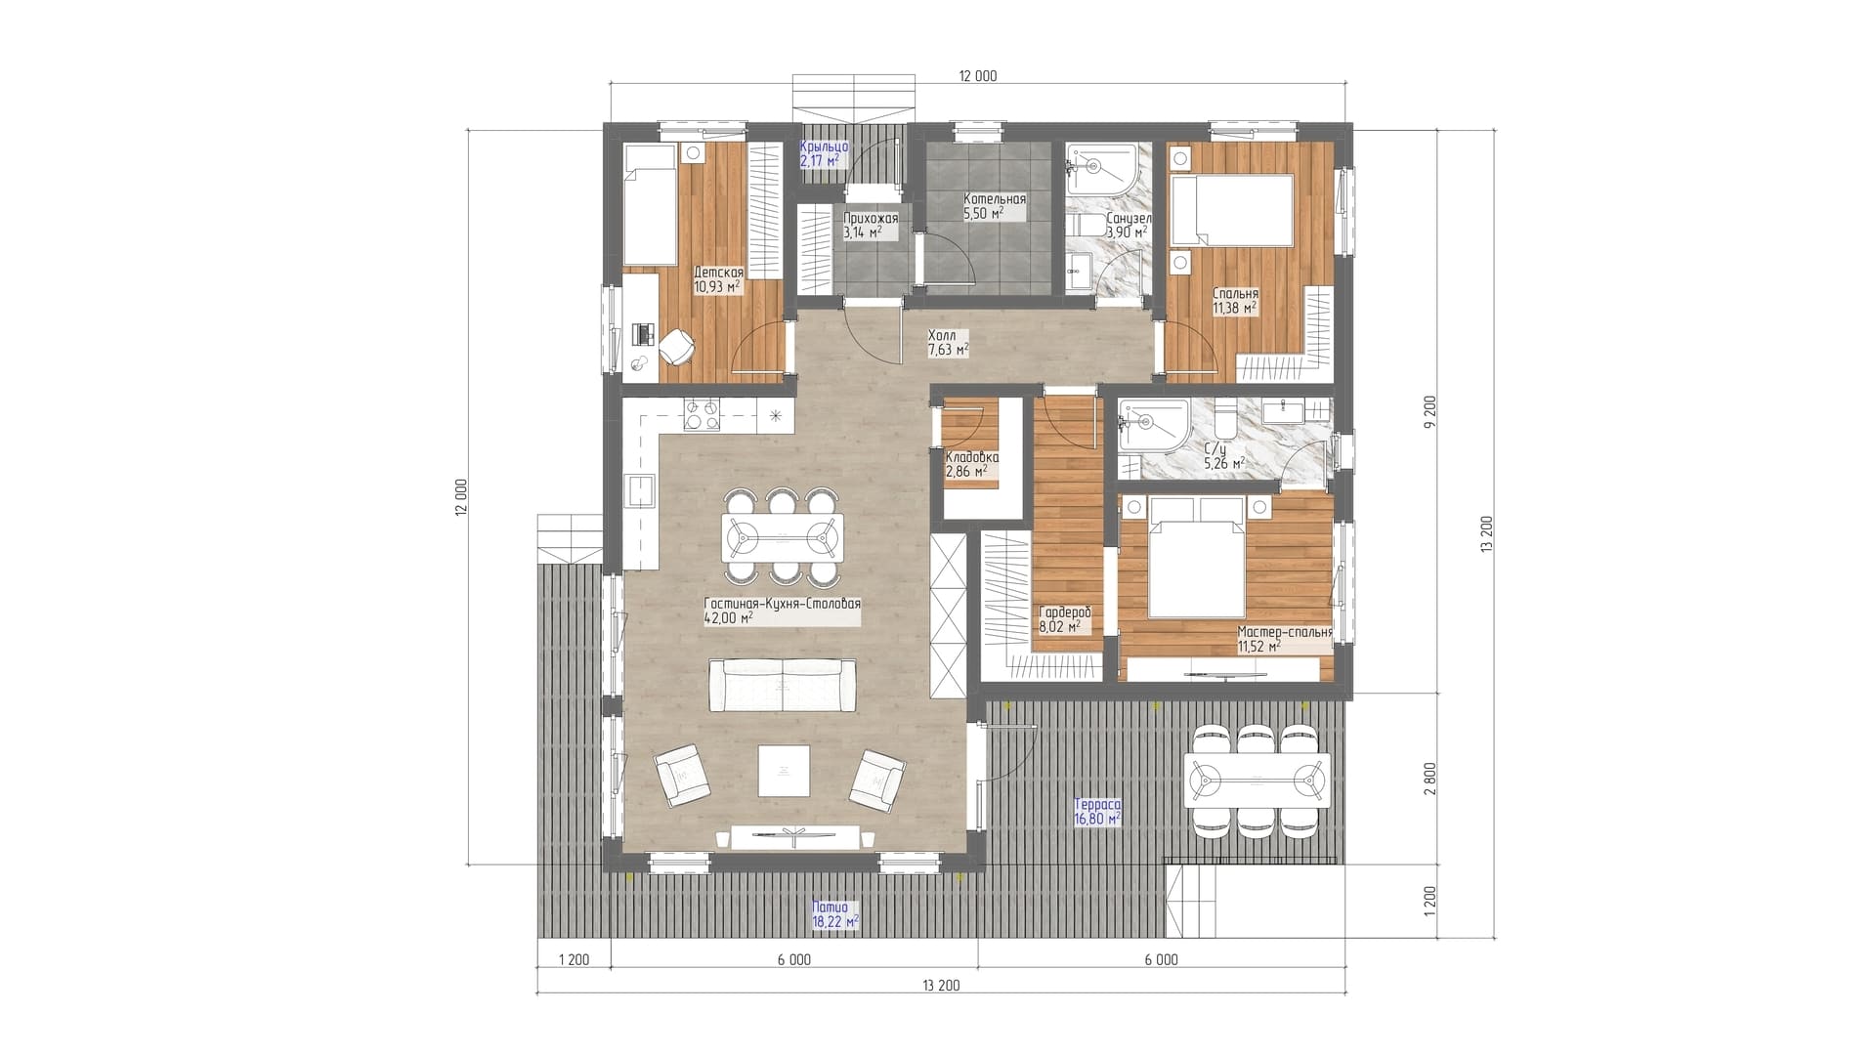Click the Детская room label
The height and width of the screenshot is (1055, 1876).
click(x=718, y=279)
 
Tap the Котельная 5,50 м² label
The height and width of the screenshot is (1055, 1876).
click(x=995, y=206)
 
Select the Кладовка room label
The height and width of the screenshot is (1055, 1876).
click(x=971, y=464)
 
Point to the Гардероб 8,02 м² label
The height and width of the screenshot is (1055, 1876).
click(x=1064, y=619)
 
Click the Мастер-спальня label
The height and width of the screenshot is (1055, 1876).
click(x=1284, y=639)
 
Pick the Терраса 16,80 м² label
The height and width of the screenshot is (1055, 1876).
click(x=1096, y=811)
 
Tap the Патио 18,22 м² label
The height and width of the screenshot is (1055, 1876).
click(x=834, y=913)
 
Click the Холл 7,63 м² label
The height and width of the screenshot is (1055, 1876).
click(x=948, y=342)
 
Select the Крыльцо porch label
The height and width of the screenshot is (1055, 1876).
click(x=824, y=153)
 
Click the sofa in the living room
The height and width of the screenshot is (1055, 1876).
click(x=782, y=686)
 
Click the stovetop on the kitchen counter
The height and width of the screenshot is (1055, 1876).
click(x=702, y=415)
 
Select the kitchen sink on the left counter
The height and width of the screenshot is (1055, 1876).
click(x=640, y=492)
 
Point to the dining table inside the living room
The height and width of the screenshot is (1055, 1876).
click(x=782, y=537)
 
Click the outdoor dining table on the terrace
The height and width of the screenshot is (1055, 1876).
click(x=1257, y=780)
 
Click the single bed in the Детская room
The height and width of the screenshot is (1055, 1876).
click(x=650, y=205)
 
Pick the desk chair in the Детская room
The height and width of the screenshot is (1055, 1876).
click(x=676, y=344)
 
